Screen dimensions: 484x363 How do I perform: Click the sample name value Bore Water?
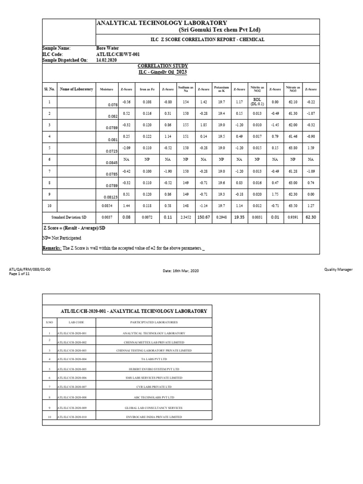pos(108,48)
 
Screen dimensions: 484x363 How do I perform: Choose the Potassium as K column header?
pos(221,89)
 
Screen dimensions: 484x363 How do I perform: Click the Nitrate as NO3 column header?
pos(293,89)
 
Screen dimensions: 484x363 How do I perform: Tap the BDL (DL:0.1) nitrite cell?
pos(256,102)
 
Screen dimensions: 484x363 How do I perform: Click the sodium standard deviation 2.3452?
pos(185,217)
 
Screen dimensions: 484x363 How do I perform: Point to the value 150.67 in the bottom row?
pos(203,217)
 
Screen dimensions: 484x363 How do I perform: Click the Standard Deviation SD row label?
pos(69,217)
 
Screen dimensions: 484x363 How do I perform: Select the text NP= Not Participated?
pos(62,238)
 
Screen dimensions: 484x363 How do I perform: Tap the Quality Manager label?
pos(338,269)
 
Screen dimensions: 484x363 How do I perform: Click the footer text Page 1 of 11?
pos(19,274)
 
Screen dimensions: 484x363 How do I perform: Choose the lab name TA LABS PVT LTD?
pos(154,359)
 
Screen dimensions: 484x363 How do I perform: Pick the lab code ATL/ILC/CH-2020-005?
pos(72,369)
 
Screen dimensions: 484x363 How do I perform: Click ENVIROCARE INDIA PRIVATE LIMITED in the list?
pos(154,417)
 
